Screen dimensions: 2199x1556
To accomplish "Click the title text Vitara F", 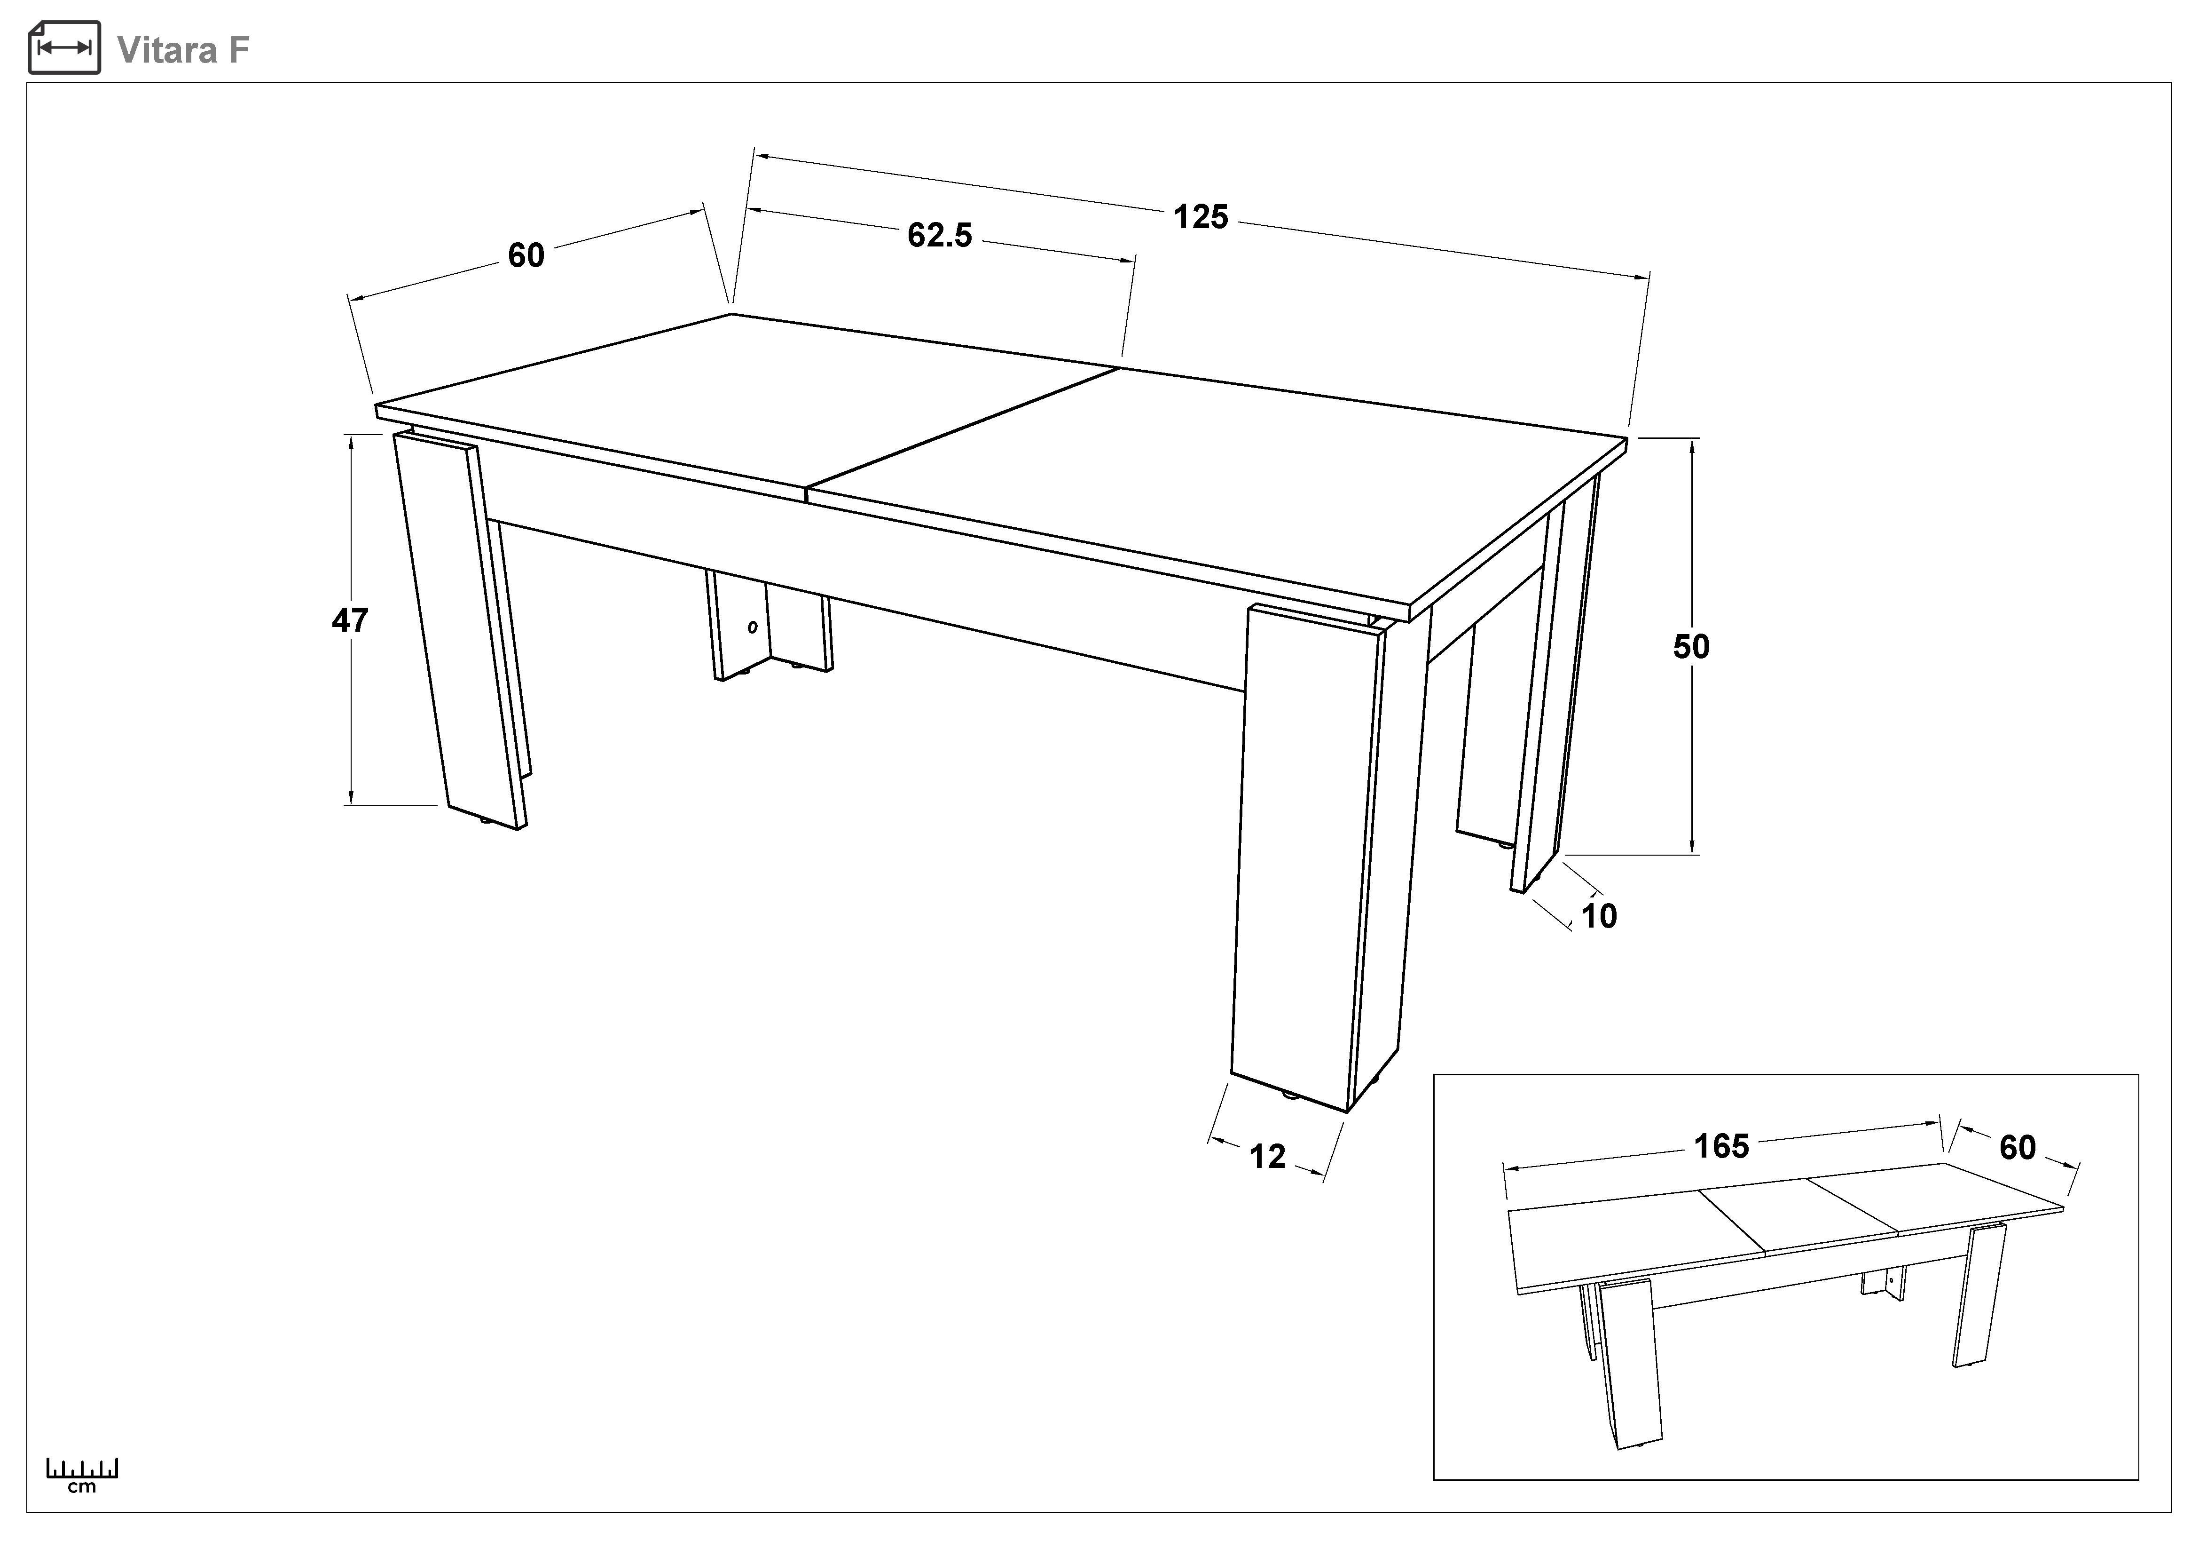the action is pos(183,50).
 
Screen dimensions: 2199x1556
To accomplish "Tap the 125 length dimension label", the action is pos(1201,217).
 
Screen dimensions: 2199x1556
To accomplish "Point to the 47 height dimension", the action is pos(350,621).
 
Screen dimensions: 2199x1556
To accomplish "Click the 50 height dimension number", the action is pos(1691,647).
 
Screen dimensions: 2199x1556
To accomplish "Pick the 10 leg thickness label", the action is pos(1599,917).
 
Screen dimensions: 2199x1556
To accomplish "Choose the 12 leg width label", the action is pos(1267,1158).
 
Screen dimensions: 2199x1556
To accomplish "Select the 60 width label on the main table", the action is pos(526,256).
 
